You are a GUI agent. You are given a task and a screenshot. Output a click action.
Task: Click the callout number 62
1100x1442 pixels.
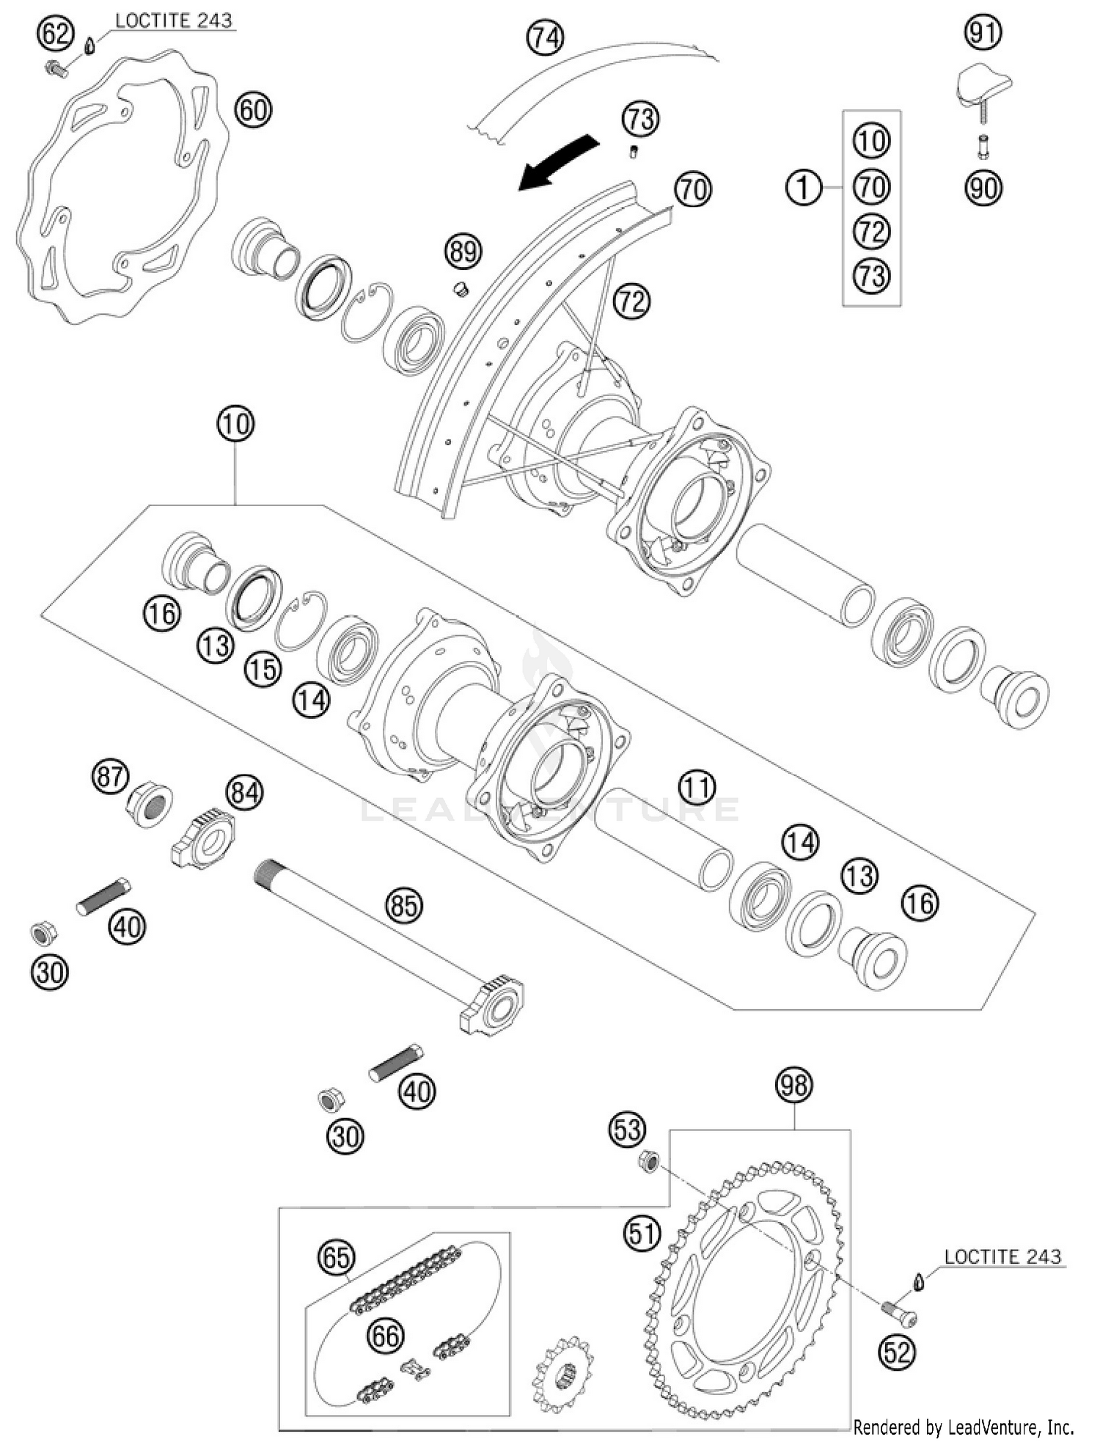click(x=56, y=34)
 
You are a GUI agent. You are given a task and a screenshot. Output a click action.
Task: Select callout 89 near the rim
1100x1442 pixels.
click(x=463, y=252)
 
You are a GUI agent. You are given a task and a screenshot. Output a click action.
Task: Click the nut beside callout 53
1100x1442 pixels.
click(x=648, y=1161)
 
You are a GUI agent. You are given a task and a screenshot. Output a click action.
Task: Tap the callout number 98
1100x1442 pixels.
click(x=794, y=1085)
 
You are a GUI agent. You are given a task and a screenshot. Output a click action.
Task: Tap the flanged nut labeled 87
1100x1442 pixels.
click(x=150, y=806)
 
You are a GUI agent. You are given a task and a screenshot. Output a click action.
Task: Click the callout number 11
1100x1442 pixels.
click(x=696, y=787)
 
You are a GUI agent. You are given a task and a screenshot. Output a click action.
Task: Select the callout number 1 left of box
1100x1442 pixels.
click(x=804, y=188)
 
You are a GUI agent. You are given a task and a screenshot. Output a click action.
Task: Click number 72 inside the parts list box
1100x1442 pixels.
click(x=871, y=232)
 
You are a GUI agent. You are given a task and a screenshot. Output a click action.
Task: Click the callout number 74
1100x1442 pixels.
click(x=546, y=37)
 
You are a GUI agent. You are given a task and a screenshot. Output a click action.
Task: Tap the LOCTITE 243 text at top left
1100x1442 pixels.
click(x=173, y=21)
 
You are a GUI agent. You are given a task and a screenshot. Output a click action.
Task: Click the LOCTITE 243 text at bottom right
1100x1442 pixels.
click(x=1002, y=1256)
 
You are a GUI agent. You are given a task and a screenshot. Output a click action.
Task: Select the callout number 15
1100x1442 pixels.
click(x=263, y=669)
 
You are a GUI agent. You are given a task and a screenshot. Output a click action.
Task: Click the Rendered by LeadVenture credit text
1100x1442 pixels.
click(x=963, y=1427)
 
